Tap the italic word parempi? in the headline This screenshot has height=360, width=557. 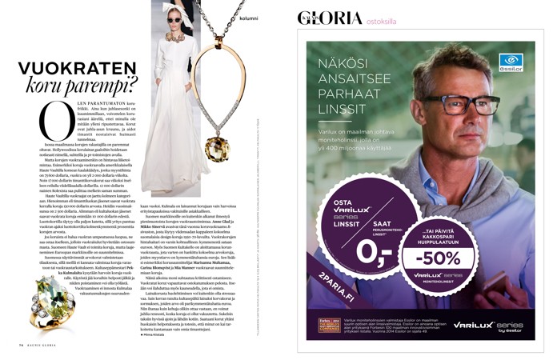(x=106, y=85)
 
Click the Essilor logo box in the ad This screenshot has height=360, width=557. (x=510, y=63)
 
